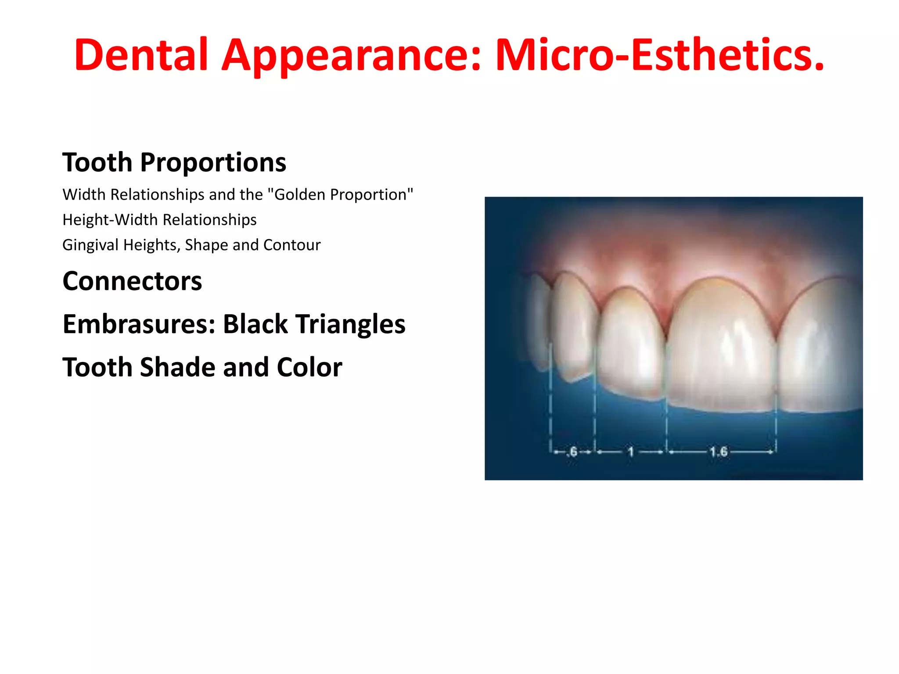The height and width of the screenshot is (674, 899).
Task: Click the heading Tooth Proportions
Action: (174, 162)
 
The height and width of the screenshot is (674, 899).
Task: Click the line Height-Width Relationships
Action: (159, 219)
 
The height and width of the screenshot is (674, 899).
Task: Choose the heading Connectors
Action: (132, 281)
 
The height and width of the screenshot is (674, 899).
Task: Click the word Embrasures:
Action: (139, 324)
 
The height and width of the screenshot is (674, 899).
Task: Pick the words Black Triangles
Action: (314, 324)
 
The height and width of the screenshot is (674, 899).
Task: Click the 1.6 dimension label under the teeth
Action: (719, 452)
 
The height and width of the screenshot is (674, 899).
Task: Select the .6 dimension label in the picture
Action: (572, 452)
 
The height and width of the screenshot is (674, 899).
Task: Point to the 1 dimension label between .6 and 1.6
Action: (631, 452)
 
